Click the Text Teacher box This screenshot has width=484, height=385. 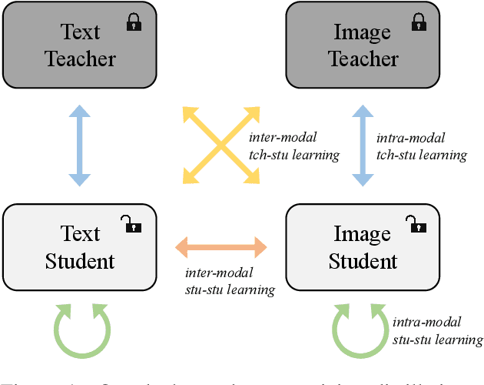tap(80, 45)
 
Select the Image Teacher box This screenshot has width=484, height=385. tap(363, 45)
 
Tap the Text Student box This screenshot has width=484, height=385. tap(80, 247)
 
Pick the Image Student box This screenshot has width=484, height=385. tap(363, 247)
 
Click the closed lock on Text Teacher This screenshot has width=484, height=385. tap(134, 22)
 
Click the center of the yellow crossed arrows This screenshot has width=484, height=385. tap(220, 146)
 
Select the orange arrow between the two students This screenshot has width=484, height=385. tap(220, 247)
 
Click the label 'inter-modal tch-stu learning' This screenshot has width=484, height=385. tap(294, 146)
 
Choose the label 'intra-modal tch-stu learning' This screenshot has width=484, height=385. tap(421, 146)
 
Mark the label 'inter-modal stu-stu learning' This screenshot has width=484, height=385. tap(230, 280)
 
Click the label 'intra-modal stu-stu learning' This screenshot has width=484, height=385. tap(437, 331)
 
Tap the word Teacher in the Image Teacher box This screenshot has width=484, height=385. tap(363, 59)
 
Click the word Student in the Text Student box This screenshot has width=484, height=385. tap(80, 261)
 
